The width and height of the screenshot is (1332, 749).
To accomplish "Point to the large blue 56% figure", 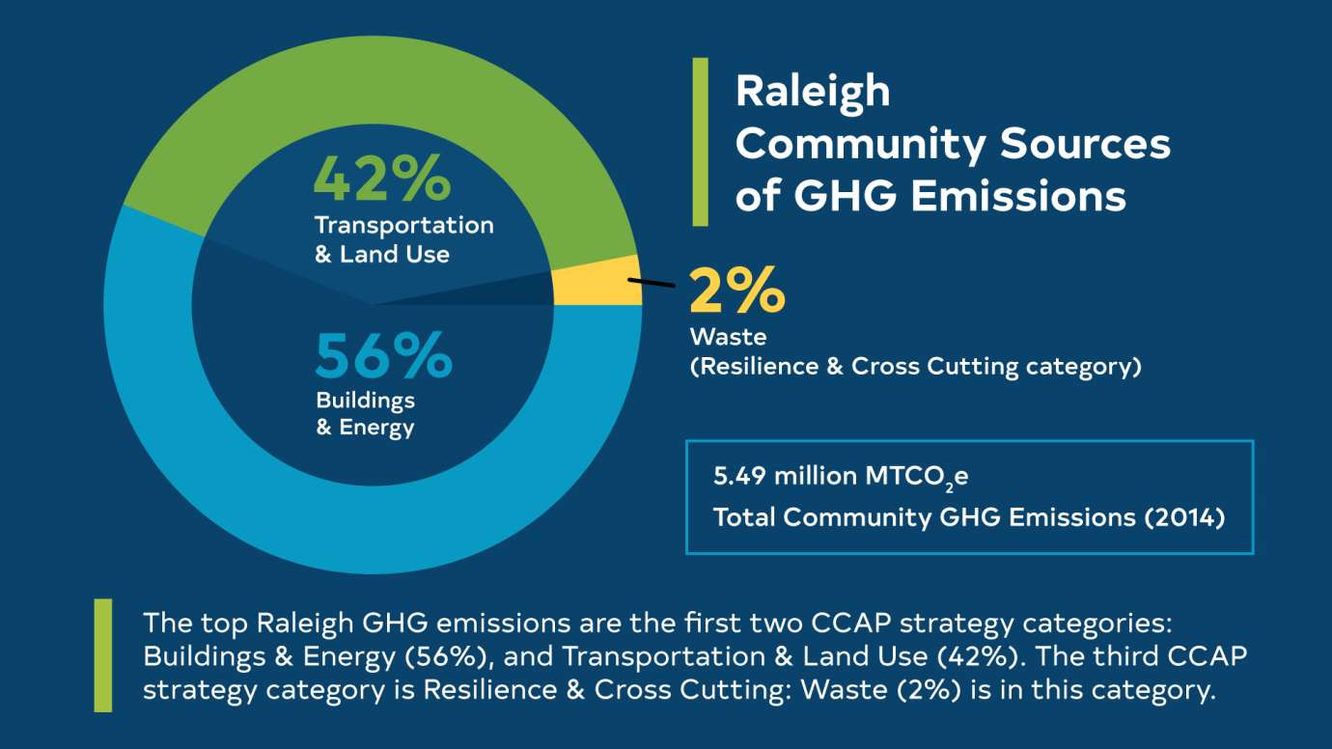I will tap(383, 354).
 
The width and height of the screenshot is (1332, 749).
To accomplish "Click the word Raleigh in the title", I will tap(812, 91).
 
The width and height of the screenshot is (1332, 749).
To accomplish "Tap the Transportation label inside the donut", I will tap(403, 225).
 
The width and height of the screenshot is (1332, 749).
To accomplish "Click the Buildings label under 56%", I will tap(365, 400).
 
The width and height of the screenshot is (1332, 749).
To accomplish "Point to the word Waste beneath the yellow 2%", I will tap(728, 337).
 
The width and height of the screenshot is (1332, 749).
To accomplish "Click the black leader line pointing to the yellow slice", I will tap(652, 283).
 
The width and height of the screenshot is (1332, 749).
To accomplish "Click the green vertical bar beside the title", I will tap(701, 141).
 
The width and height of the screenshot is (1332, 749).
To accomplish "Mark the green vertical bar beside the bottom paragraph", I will tap(102, 655).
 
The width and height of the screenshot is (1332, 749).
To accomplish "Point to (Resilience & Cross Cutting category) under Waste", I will tap(915, 368).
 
